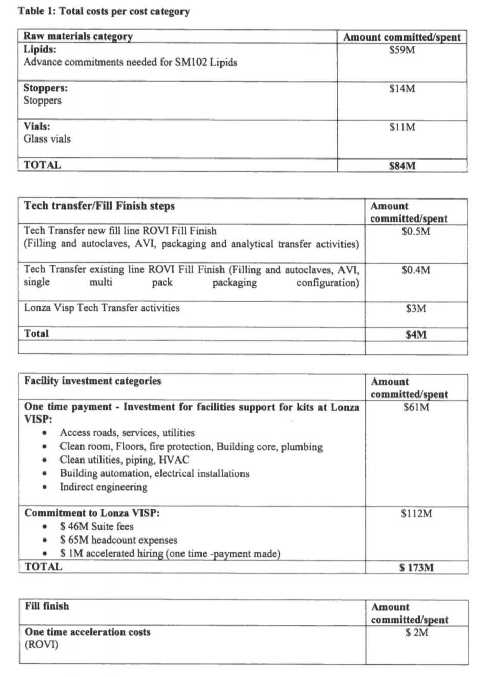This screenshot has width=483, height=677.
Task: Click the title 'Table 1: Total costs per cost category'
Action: [x=104, y=11]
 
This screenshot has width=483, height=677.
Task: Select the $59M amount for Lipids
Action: [x=402, y=50]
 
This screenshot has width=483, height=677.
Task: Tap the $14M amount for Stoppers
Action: [x=402, y=89]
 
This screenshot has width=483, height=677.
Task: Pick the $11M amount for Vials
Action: [x=402, y=127]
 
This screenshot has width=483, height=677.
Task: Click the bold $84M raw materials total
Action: [x=402, y=166]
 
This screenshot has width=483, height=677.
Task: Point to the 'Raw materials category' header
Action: [x=78, y=36]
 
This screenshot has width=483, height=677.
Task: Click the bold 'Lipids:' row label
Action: [x=40, y=49]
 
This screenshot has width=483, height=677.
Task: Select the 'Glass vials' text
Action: [x=47, y=138]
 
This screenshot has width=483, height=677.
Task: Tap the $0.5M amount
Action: [x=416, y=231]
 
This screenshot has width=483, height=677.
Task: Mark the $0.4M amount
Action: [x=416, y=270]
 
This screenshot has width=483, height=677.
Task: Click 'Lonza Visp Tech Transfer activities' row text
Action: [x=102, y=308]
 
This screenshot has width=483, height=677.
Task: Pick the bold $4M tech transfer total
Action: [x=416, y=335]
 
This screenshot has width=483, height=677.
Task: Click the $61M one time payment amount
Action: [x=416, y=408]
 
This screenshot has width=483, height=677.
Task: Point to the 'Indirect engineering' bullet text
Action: [x=104, y=487]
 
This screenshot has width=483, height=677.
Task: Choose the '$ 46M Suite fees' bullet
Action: [x=96, y=526]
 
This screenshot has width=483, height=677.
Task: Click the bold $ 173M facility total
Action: [x=416, y=568]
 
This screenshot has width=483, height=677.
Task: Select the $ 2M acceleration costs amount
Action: [x=416, y=633]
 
